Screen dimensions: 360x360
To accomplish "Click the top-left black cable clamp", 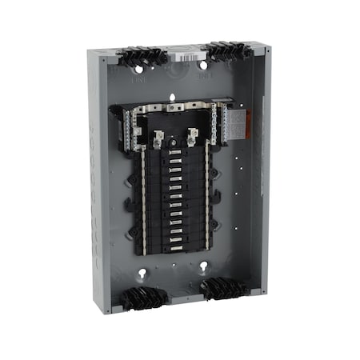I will click(x=142, y=56).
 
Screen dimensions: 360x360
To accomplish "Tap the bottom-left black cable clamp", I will click(x=145, y=298).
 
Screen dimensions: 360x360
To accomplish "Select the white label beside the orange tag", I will click(x=227, y=120).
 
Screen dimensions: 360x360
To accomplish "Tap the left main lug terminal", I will click(x=158, y=138).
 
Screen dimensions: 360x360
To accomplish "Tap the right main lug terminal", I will click(x=192, y=134).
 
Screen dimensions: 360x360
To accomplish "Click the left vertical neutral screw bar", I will click(x=143, y=200).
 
